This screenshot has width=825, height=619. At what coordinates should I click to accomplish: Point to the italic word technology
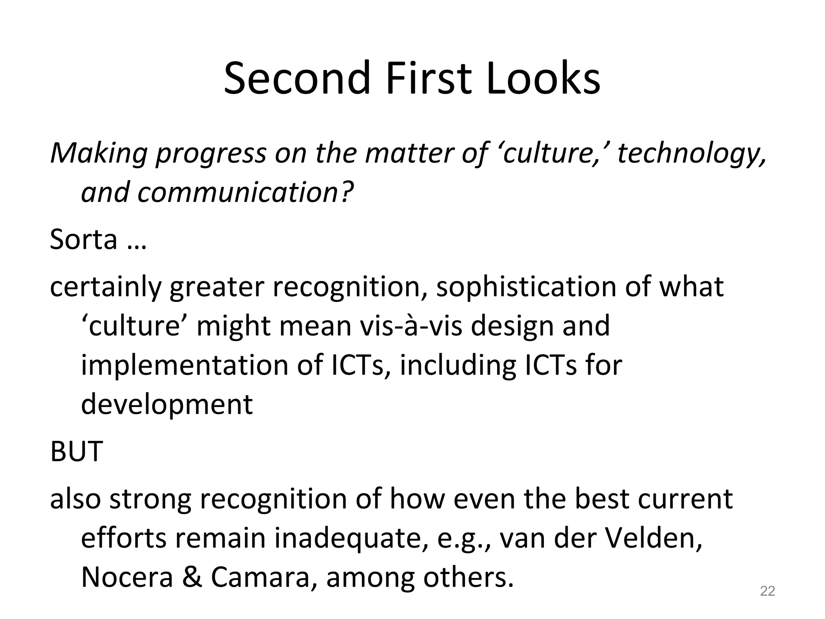tap(691, 154)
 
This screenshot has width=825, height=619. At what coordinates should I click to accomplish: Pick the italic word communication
tap(237, 192)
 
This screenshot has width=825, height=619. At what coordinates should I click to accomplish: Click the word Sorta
tap(83, 239)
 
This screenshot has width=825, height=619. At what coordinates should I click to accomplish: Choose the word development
tap(167, 404)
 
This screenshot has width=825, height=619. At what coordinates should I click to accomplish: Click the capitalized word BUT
tap(77, 451)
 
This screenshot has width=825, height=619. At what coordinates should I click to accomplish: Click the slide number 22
tap(767, 591)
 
